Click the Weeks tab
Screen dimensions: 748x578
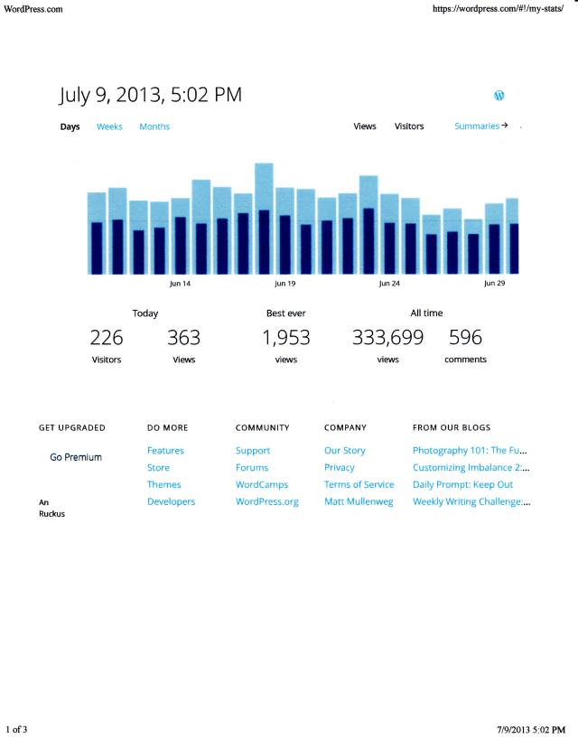point(109,126)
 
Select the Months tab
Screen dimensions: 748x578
point(154,126)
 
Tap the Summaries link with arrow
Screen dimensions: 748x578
point(480,126)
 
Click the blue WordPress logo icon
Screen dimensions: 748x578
point(499,96)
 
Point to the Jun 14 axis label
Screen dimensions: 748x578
point(181,284)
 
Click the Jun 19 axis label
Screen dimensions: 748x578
point(284,284)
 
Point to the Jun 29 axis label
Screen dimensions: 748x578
point(494,284)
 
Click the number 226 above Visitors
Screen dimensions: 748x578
point(107,339)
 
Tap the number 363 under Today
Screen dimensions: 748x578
point(183,339)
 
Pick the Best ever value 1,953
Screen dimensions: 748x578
point(285,339)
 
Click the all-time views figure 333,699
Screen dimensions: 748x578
point(387,339)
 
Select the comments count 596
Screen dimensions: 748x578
point(465,339)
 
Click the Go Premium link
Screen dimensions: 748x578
point(76,458)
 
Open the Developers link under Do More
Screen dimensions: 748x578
point(171,502)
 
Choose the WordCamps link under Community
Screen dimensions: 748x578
point(261,485)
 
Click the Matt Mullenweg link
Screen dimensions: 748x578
point(359,502)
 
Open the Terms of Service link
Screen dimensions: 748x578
point(359,485)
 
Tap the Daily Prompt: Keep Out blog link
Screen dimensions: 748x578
point(462,485)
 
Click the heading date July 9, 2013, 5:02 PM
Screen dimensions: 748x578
point(151,95)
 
